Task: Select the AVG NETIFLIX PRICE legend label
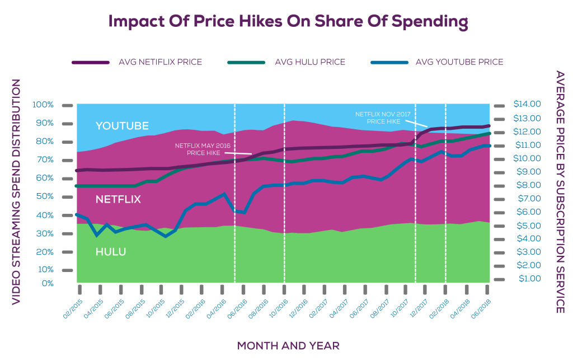coord(160,62)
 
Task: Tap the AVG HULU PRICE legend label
coord(309,62)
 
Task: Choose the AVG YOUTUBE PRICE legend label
coord(459,62)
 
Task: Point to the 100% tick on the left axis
coord(43,105)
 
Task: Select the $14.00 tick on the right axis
coord(527,104)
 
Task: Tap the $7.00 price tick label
coord(527,199)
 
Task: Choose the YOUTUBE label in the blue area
coord(122,126)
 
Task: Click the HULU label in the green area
coord(110,252)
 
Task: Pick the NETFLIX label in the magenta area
coord(118,199)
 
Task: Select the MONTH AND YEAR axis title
coord(288,345)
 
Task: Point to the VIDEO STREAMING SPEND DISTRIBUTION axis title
coord(16,192)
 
